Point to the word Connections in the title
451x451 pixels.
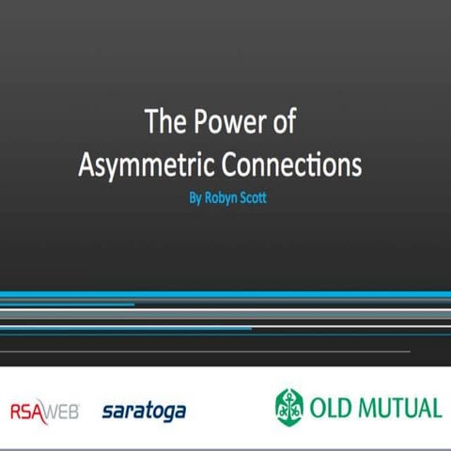[x=292, y=164]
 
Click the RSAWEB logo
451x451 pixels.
[x=45, y=411]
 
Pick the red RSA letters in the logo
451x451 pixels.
[x=26, y=411]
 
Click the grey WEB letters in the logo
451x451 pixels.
[x=62, y=411]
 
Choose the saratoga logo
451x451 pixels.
[x=144, y=411]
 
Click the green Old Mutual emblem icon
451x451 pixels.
[x=290, y=406]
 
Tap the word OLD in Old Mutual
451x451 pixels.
[x=334, y=407]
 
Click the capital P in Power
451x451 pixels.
[x=197, y=122]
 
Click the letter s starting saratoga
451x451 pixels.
[x=106, y=412]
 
